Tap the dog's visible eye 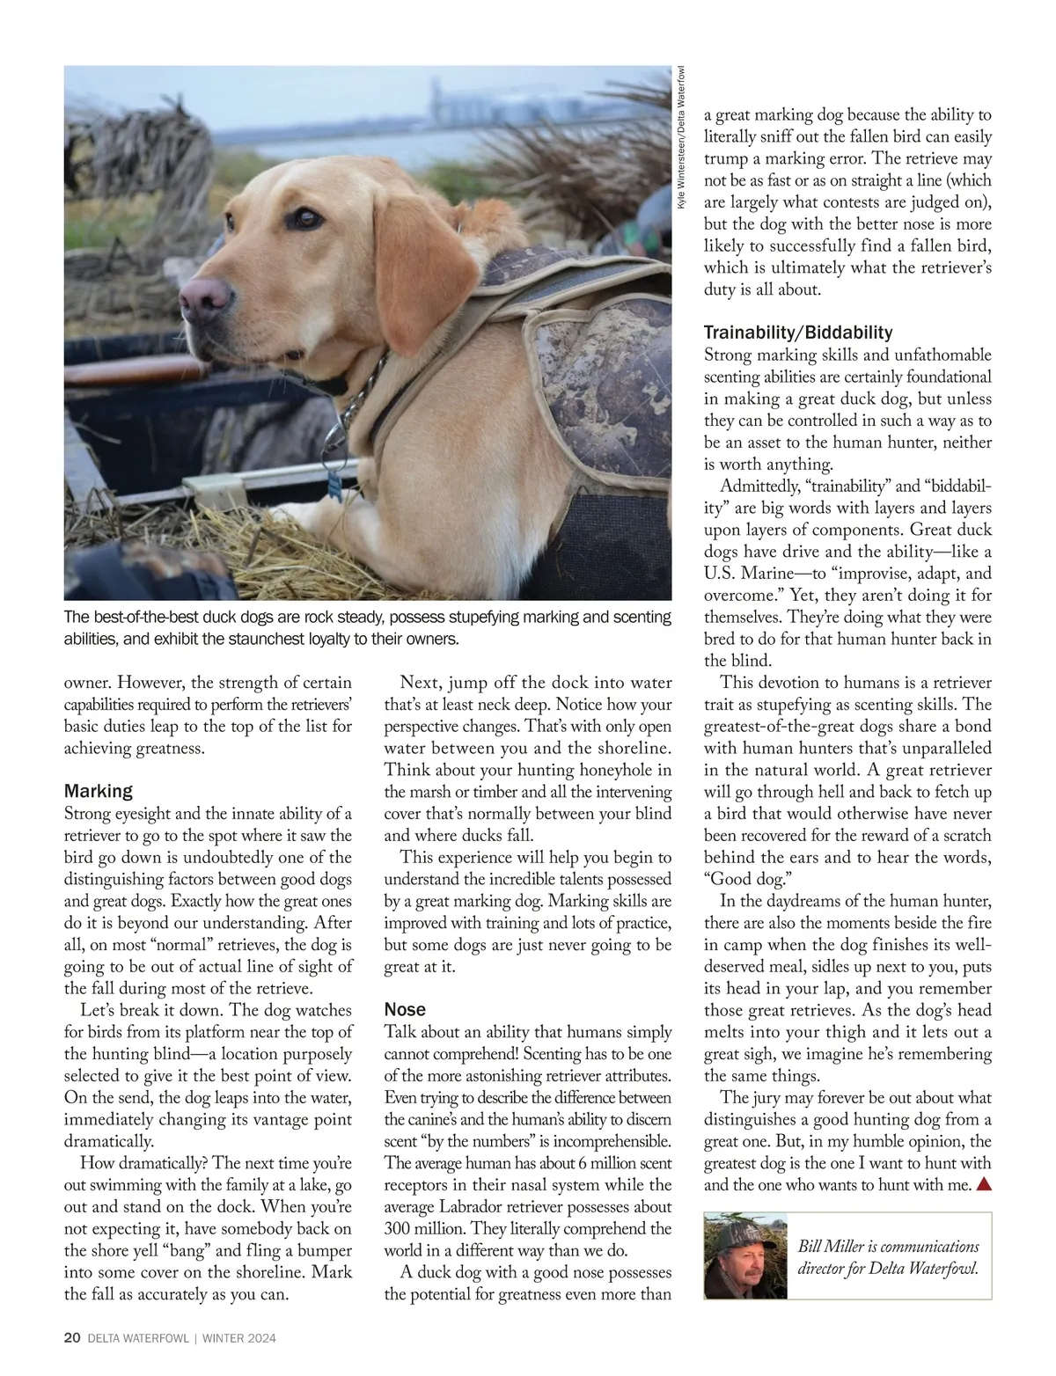305,216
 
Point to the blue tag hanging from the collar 334,483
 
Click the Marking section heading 99,791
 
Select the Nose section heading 405,1009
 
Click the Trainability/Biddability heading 798,333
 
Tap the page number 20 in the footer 72,1338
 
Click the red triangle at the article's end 983,1184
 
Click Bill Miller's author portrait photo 744,1255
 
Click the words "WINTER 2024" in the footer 239,1338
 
